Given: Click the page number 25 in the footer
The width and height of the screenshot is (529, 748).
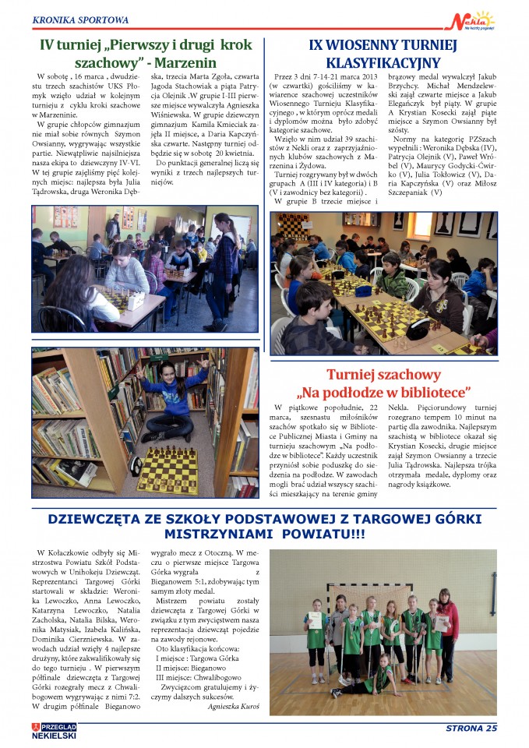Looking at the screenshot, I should [489, 729].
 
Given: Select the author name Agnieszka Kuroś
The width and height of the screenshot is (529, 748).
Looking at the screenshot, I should [233, 707].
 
